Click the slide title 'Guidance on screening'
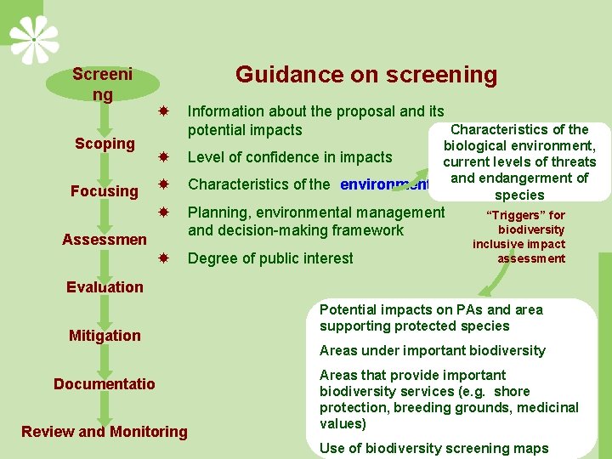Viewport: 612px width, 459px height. pyautogui.click(x=365, y=75)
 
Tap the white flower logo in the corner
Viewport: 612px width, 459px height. pyautogui.click(x=34, y=39)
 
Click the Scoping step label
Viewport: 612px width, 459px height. pyautogui.click(x=105, y=144)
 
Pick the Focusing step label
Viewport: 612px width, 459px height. pyautogui.click(x=105, y=191)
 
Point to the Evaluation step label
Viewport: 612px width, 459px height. pyautogui.click(x=105, y=287)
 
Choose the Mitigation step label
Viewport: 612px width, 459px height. pyautogui.click(x=105, y=336)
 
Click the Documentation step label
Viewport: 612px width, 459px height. pyautogui.click(x=105, y=384)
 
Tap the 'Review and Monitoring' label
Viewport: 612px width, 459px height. pyautogui.click(x=105, y=432)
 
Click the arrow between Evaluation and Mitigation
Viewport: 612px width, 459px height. pyautogui.click(x=104, y=311)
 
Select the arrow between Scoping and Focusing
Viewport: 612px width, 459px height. pyautogui.click(x=104, y=167)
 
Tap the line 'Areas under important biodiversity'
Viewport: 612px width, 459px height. pyautogui.click(x=432, y=350)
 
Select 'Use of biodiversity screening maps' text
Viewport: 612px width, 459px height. pyautogui.click(x=433, y=448)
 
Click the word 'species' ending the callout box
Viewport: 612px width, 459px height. pyautogui.click(x=518, y=195)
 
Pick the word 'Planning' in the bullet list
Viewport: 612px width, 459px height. pyautogui.click(x=218, y=212)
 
